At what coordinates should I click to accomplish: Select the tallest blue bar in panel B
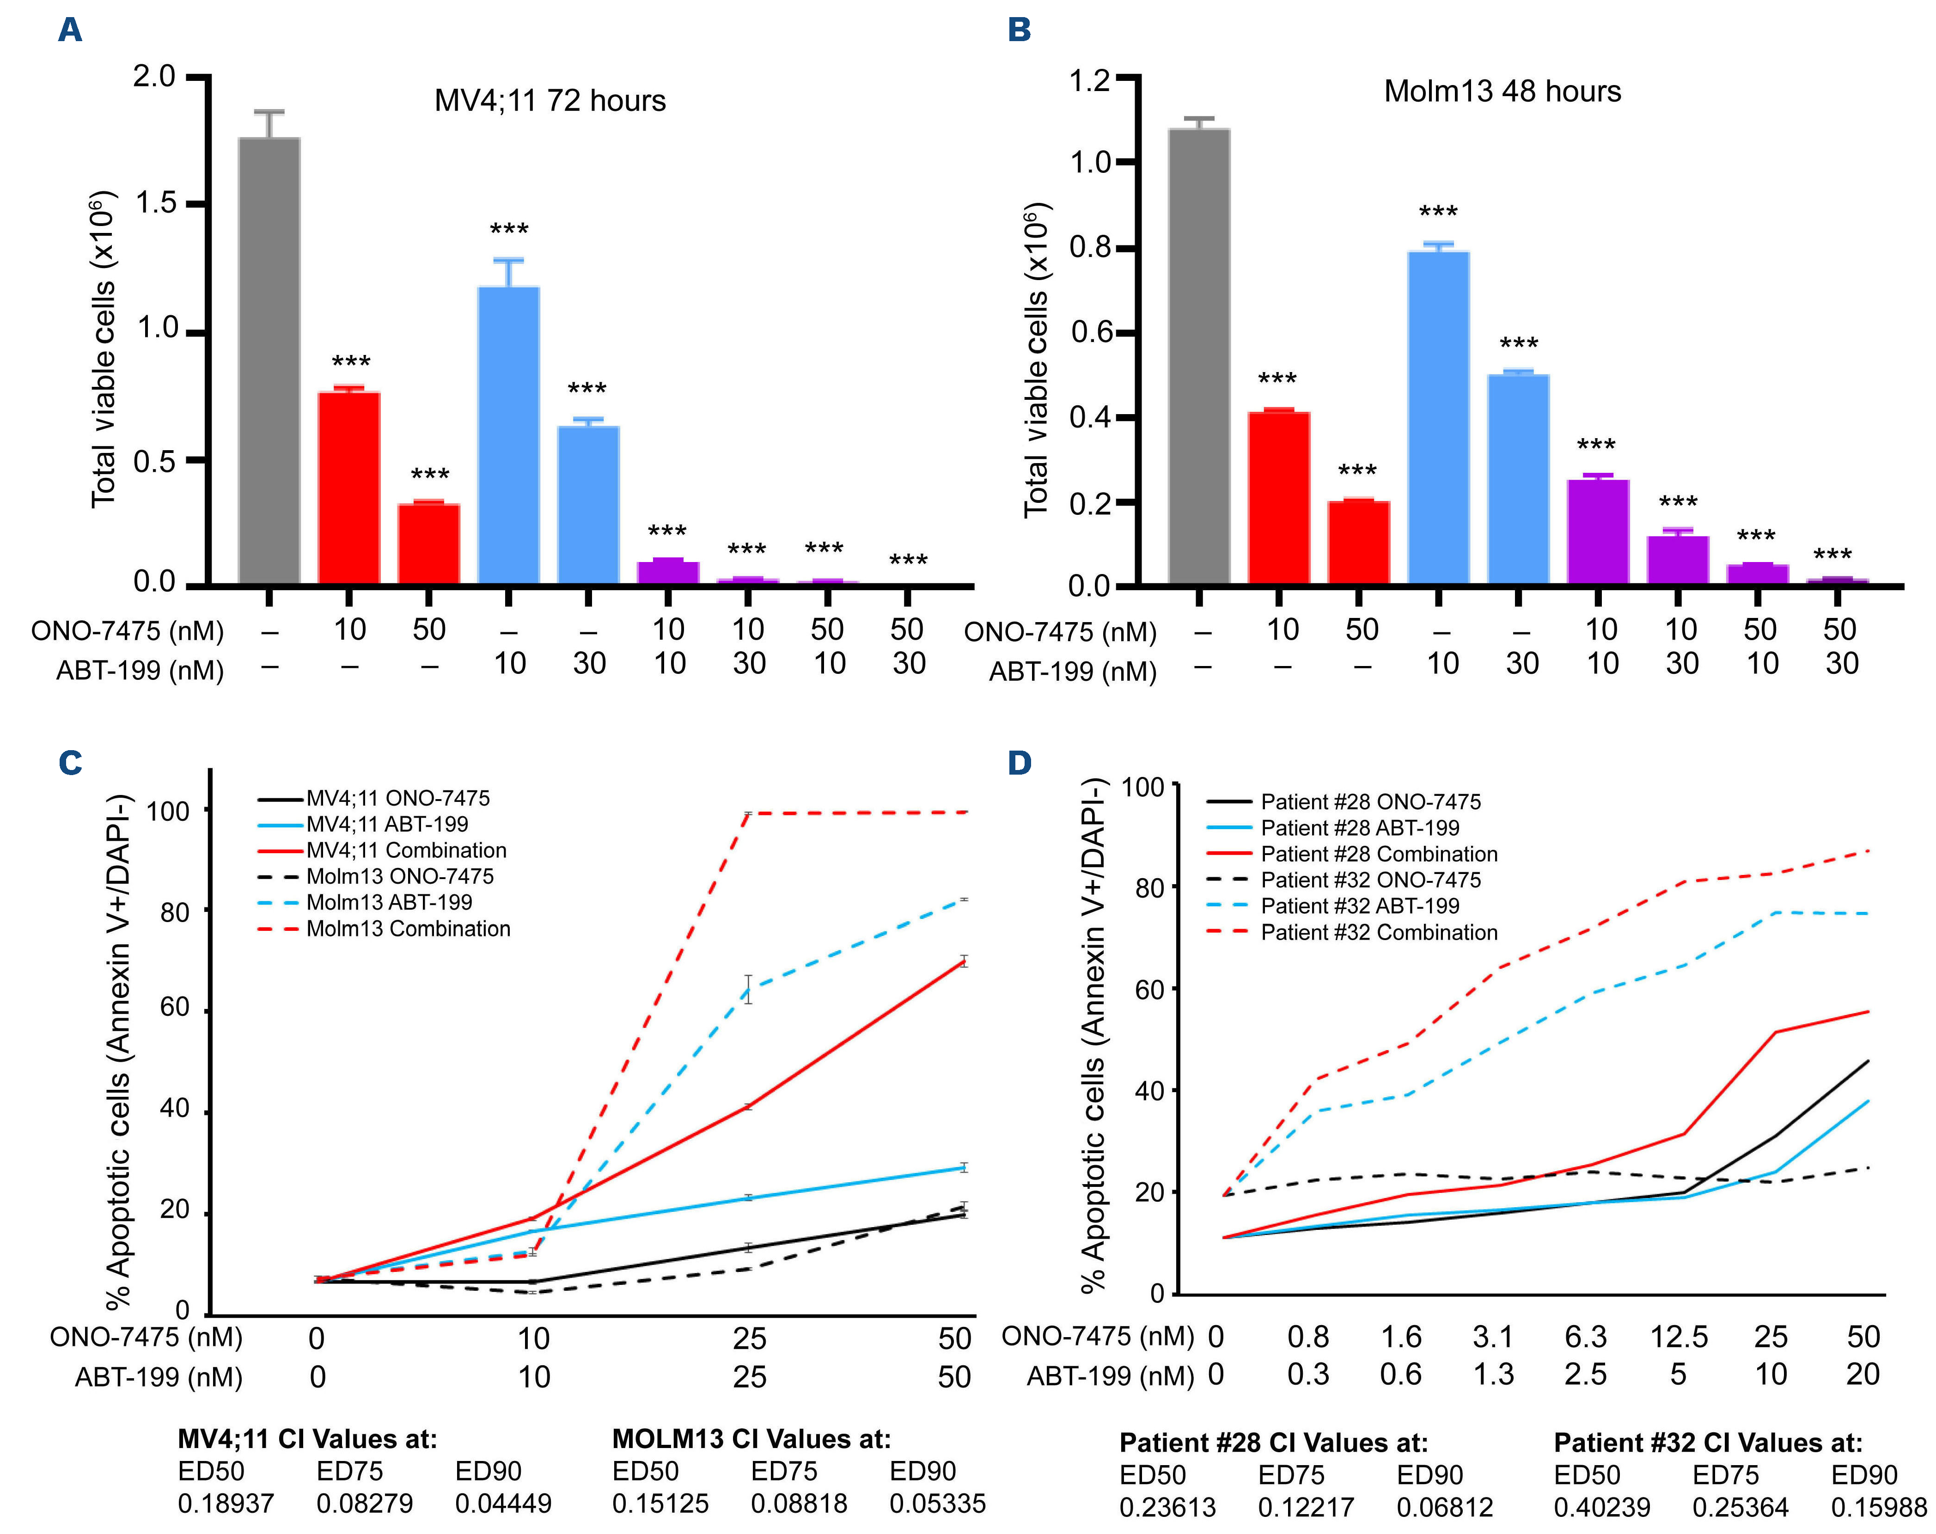pyautogui.click(x=1439, y=419)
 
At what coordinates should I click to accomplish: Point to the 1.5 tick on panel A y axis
pyautogui.click(x=154, y=204)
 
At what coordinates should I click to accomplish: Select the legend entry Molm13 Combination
pyautogui.click(x=408, y=929)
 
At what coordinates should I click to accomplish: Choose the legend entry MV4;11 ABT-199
pyautogui.click(x=387, y=825)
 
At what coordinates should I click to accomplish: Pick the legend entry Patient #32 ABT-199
pyautogui.click(x=1360, y=906)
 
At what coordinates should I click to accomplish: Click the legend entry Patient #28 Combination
pyautogui.click(x=1378, y=854)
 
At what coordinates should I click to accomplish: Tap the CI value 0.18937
pyautogui.click(x=226, y=1503)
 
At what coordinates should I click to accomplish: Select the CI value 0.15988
pyautogui.click(x=1879, y=1506)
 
